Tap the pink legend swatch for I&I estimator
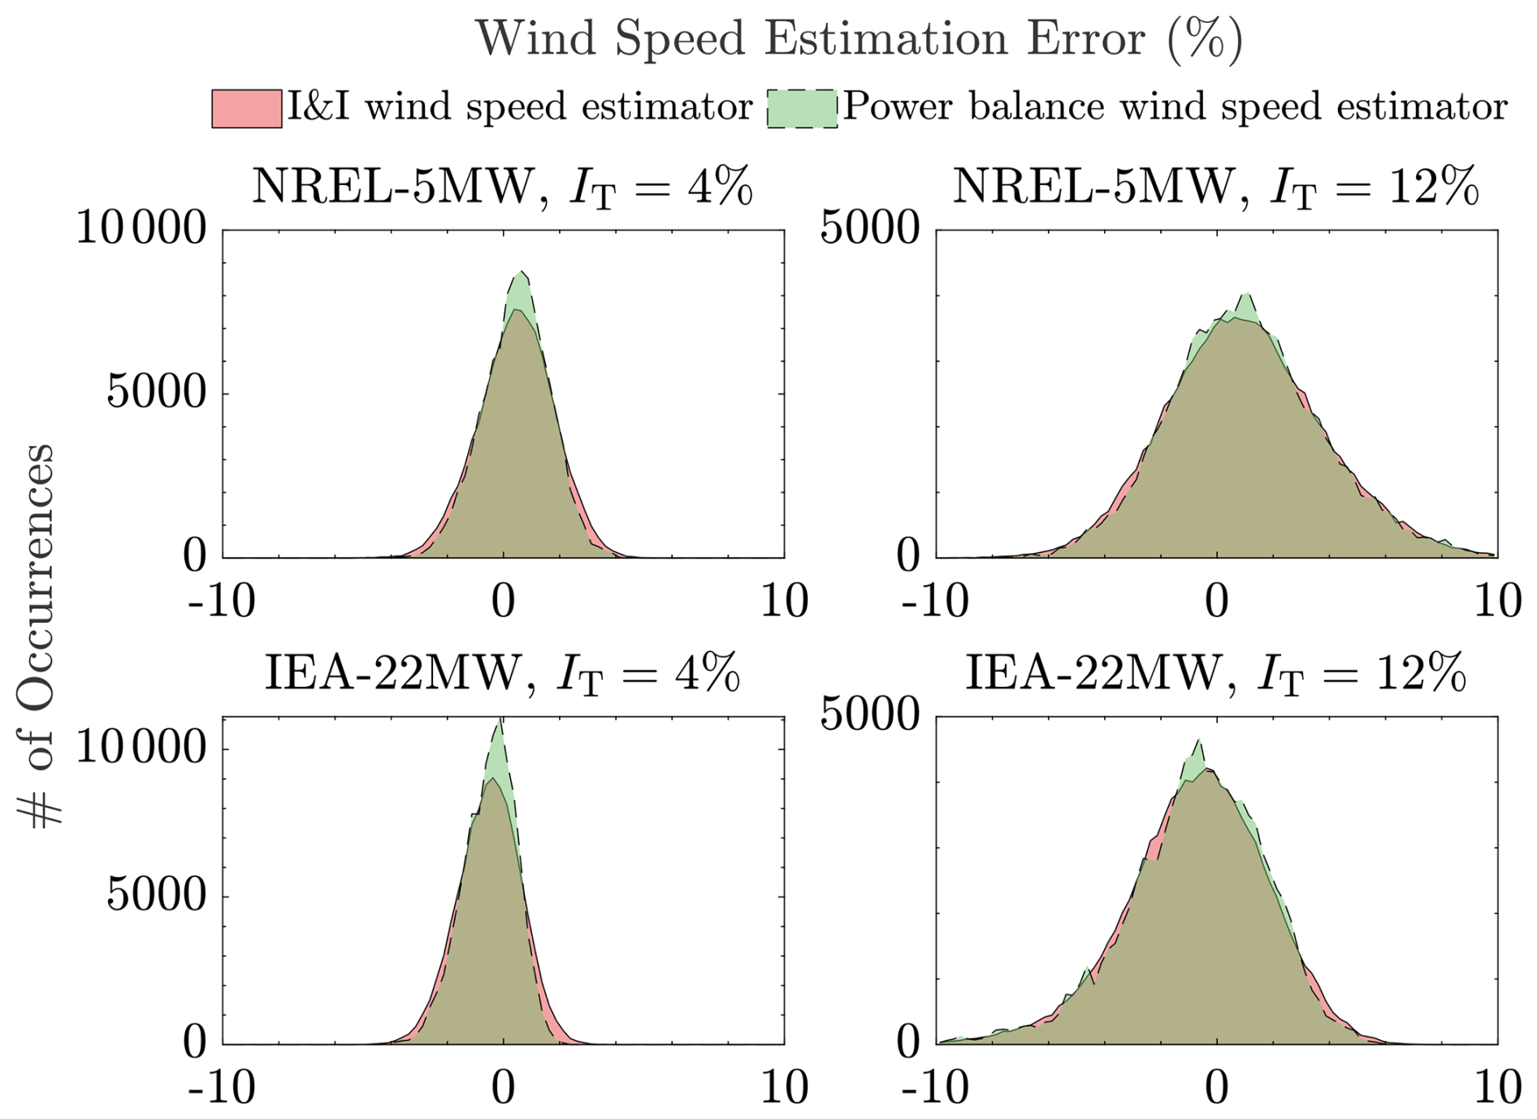[247, 108]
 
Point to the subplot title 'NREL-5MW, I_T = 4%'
[502, 187]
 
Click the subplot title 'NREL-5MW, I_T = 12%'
[1215, 187]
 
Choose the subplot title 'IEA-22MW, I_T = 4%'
[502, 674]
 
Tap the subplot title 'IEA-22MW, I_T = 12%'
[1215, 674]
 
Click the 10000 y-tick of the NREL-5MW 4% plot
[141, 229]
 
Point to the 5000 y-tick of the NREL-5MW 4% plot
[157, 393]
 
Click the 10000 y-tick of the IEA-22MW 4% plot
[141, 747]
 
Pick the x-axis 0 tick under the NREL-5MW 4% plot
[504, 602]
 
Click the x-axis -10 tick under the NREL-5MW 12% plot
[935, 602]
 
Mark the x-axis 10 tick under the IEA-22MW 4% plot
[784, 1087]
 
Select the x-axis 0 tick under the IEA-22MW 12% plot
[1216, 1087]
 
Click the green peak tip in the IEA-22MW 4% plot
[500, 720]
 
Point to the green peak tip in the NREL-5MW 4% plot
[519, 272]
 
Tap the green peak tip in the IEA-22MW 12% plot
[1198, 741]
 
